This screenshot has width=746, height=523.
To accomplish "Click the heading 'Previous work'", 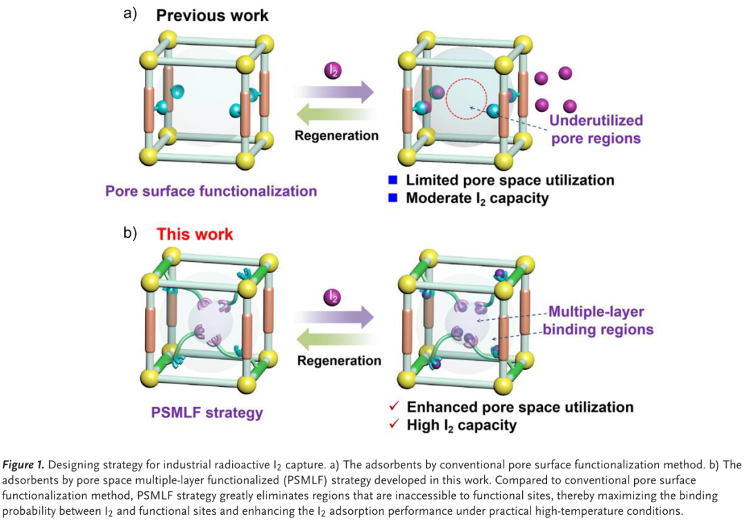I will pos(212,15).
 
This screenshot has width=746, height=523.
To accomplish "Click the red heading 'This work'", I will pos(195,234).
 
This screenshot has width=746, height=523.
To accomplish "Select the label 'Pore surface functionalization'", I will pos(211,191).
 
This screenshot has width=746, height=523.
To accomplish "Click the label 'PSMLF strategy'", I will pos(207,413).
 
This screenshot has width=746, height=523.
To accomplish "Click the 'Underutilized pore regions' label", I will pos(595,129).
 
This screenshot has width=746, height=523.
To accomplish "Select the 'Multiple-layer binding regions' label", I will pos(598,321).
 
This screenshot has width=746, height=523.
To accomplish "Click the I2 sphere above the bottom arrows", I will pos(333,297).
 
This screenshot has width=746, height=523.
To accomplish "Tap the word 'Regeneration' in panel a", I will pos(336,135).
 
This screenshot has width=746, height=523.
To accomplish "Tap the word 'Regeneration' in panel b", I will pos(339,361).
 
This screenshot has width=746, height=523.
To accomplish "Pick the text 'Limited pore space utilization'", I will pos(510,180).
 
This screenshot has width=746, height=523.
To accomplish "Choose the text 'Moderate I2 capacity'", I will pos(477,199).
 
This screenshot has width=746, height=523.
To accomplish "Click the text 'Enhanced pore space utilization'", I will pos(520,407).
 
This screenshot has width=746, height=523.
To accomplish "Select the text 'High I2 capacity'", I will pos(461,425).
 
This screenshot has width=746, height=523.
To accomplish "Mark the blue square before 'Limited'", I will pos(393,180).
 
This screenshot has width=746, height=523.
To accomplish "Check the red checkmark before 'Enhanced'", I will pos(393,407).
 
